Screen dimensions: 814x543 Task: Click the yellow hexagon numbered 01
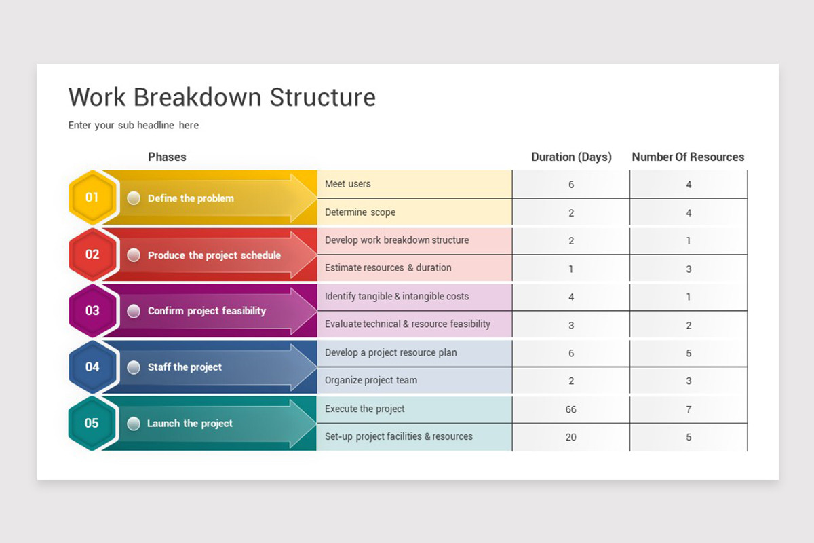pyautogui.click(x=92, y=198)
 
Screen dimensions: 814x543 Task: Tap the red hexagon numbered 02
pyautogui.click(x=92, y=255)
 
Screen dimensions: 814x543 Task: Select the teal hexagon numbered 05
pyautogui.click(x=92, y=423)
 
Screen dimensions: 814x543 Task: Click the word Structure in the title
pyautogui.click(x=322, y=97)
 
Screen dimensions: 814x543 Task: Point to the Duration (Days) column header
pyautogui.click(x=571, y=157)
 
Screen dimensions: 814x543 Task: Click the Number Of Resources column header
pyautogui.click(x=688, y=157)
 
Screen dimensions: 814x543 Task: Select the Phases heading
pyautogui.click(x=167, y=157)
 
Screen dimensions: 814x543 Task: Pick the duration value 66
pyautogui.click(x=571, y=409)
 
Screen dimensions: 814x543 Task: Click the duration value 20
pyautogui.click(x=571, y=437)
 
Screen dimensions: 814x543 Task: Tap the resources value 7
pyautogui.click(x=689, y=409)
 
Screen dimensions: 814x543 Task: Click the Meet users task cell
pyautogui.click(x=348, y=184)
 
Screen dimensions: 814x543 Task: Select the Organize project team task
pyautogui.click(x=371, y=380)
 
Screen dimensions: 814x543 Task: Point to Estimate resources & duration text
pyautogui.click(x=388, y=267)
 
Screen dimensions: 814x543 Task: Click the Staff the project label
pyautogui.click(x=185, y=367)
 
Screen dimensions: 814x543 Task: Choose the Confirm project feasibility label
pyautogui.click(x=207, y=311)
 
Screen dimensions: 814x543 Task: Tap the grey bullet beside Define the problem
pyautogui.click(x=134, y=198)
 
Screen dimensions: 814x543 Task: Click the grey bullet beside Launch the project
pyautogui.click(x=134, y=423)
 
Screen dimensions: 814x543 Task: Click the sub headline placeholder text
pyautogui.click(x=134, y=125)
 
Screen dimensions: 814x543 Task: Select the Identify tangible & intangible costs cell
pyautogui.click(x=397, y=296)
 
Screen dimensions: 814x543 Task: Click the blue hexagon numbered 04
pyautogui.click(x=92, y=367)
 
